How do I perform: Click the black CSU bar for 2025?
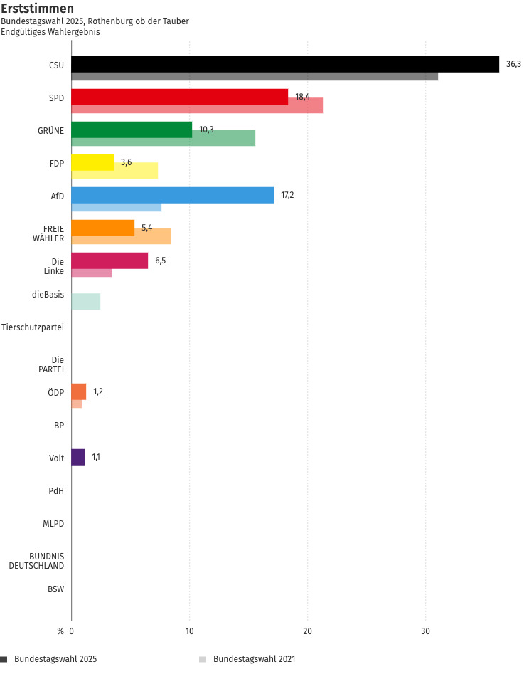pyautogui.click(x=284, y=64)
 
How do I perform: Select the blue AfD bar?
pyautogui.click(x=172, y=195)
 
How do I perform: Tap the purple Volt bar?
pyautogui.click(x=78, y=457)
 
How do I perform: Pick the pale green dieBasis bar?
pyautogui.click(x=86, y=301)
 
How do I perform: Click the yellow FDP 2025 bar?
pyautogui.click(x=92, y=162)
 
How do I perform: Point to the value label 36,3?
pyautogui.click(x=513, y=64)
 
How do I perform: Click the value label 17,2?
pyautogui.click(x=287, y=195)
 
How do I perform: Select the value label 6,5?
pyautogui.click(x=160, y=261)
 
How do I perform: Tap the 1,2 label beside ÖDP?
pyautogui.click(x=98, y=391)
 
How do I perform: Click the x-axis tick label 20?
pyautogui.click(x=307, y=631)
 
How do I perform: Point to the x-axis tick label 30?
pyautogui.click(x=425, y=631)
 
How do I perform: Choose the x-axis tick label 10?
pyautogui.click(x=189, y=631)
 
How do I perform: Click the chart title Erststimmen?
pyautogui.click(x=37, y=9)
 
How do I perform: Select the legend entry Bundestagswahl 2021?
pyautogui.click(x=254, y=659)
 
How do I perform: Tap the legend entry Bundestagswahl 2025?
pyautogui.click(x=55, y=659)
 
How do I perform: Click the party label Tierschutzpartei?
pyautogui.click(x=33, y=327)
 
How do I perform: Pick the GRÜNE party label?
pyautogui.click(x=50, y=130)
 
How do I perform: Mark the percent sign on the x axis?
pyautogui.click(x=60, y=631)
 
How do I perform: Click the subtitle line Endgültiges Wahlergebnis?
pyautogui.click(x=50, y=32)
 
